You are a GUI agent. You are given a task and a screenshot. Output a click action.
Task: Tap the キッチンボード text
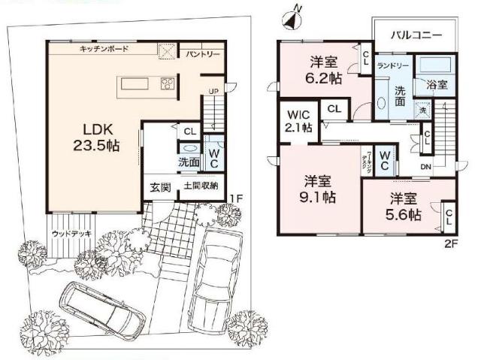coord(104,49)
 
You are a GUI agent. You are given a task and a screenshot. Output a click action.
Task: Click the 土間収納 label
coord(199,186)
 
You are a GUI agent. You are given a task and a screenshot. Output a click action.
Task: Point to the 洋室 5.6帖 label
coord(404,207)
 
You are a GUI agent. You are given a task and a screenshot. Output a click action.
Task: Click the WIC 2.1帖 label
coord(299,121)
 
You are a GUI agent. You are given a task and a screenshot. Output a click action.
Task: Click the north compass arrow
coord(294,14)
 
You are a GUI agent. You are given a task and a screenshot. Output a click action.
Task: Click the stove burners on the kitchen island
coord(167,84)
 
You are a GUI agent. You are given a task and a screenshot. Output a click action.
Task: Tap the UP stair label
coord(213,92)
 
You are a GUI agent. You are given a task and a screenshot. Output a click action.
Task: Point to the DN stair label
coord(425,166)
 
